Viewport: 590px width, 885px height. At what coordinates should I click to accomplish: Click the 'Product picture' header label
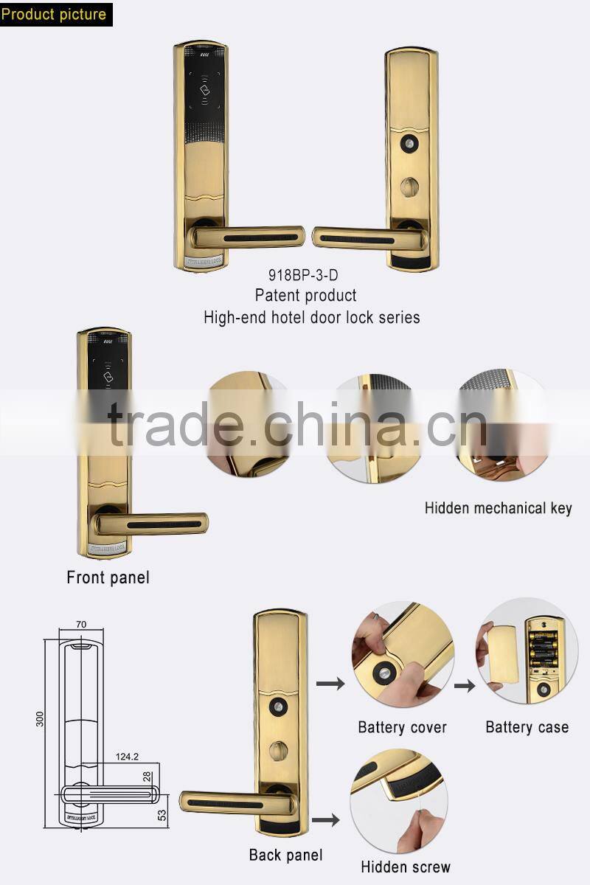coord(54,13)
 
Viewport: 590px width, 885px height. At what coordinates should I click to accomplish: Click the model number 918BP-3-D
coord(306,276)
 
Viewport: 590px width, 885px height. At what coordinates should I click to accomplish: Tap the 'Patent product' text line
coord(306,296)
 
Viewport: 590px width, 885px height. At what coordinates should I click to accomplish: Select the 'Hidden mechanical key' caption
coord(498,508)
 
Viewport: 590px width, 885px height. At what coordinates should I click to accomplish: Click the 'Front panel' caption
coord(108,577)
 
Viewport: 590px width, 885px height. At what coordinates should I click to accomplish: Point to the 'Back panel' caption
coord(285,855)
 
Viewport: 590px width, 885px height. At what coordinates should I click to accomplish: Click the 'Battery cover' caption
coord(402,727)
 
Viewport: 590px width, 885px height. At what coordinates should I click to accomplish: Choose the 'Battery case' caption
coord(527,727)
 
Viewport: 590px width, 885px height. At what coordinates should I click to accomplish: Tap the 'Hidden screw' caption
coord(405,867)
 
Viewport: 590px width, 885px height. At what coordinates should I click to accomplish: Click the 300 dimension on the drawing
coord(40,718)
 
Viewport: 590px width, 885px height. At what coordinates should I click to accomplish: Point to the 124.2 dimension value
coord(128,757)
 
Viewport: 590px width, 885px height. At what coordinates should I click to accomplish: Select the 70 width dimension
coord(81,625)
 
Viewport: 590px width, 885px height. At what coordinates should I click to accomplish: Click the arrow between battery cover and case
coord(464,685)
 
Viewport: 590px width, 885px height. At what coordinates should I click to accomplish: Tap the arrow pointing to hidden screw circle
coord(325,819)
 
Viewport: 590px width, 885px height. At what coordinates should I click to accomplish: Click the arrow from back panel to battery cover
coord(330,684)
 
